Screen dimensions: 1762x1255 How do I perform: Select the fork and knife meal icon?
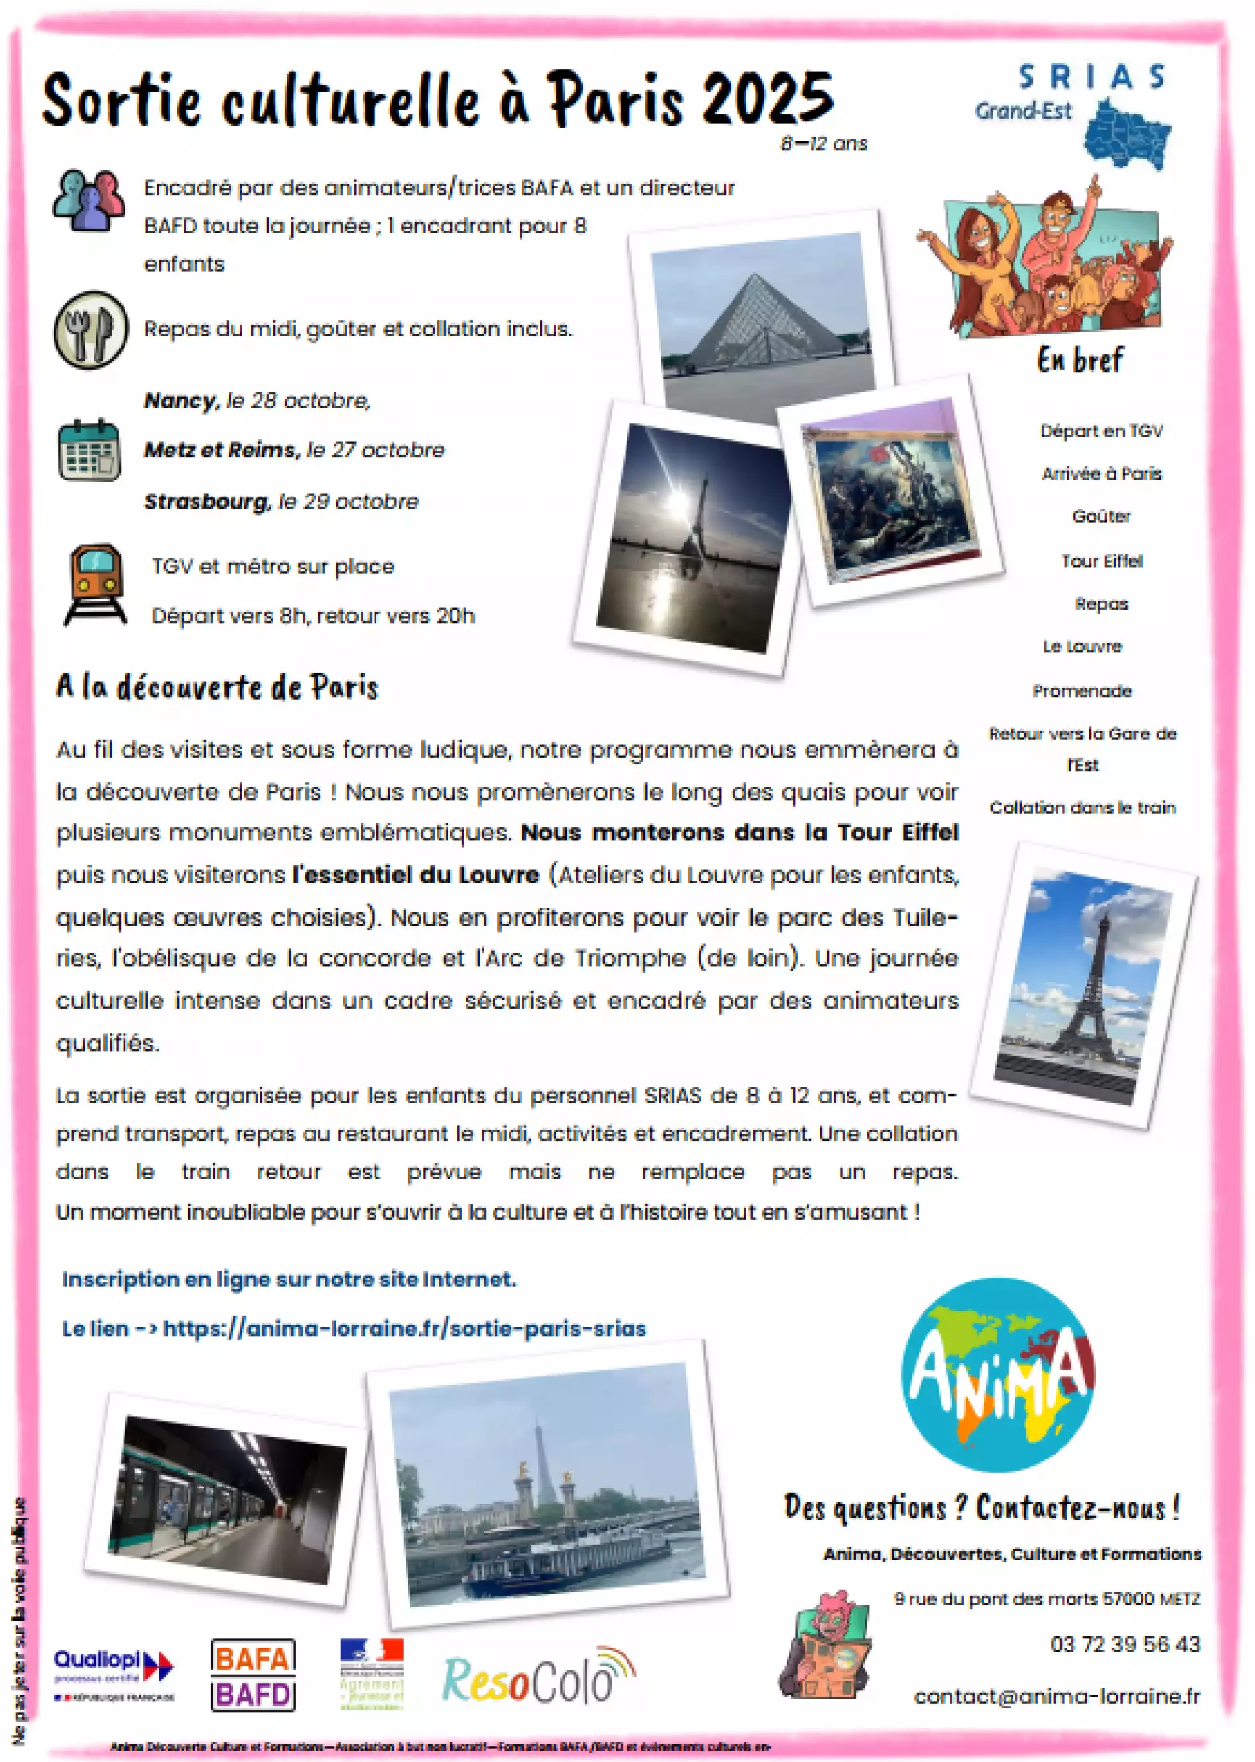(91, 329)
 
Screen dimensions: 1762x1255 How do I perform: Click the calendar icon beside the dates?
(89, 450)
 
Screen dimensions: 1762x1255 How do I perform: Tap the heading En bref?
(1079, 360)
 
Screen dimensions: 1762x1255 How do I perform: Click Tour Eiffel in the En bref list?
(1101, 561)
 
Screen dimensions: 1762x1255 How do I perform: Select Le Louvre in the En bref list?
(1081, 646)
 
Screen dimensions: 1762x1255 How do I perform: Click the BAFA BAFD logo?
(253, 1674)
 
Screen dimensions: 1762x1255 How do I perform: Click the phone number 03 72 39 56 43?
(1124, 1644)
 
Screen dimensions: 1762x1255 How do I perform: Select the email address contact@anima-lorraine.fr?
(1056, 1697)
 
